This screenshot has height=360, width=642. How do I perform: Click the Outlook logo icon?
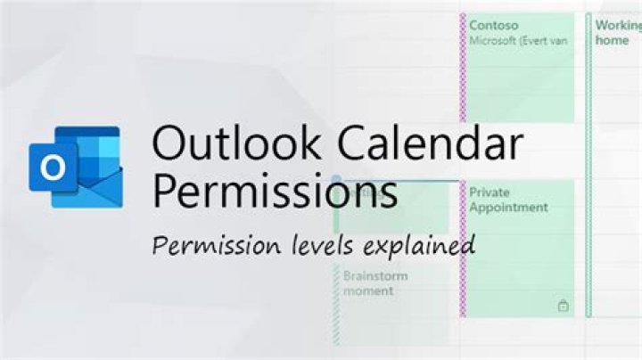(74, 167)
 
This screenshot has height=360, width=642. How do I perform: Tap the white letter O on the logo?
(53, 168)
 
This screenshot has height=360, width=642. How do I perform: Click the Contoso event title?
(494, 26)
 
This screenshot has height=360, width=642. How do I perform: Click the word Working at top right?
(618, 26)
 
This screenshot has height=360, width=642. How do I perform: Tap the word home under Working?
(612, 40)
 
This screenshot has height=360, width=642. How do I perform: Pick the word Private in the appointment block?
(490, 192)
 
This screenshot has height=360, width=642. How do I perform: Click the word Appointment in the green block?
(509, 207)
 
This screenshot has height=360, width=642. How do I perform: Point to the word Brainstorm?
(375, 276)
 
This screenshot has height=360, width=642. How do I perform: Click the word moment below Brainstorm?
(369, 291)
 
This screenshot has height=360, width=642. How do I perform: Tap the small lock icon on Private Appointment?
(563, 306)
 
